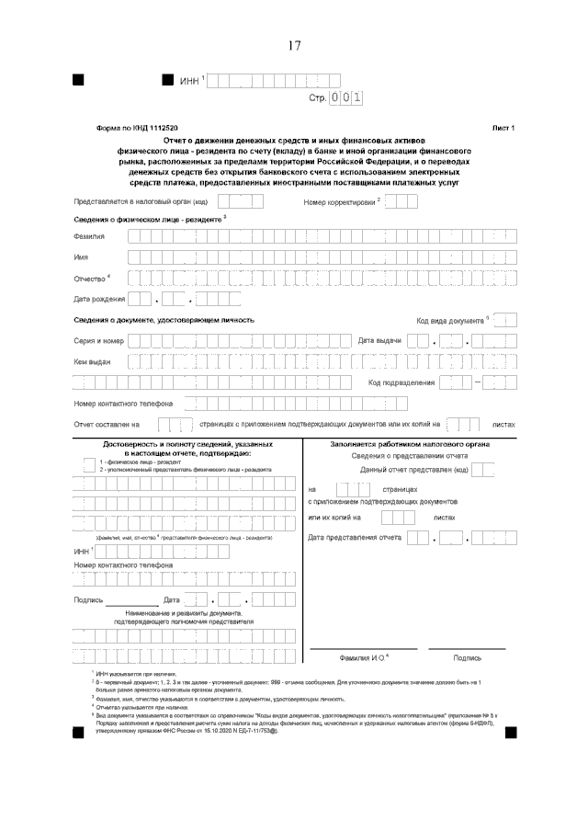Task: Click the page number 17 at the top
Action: [x=294, y=44]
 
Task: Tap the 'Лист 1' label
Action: [x=504, y=128]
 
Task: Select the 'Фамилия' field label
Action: [x=89, y=237]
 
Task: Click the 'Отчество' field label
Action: [x=90, y=278]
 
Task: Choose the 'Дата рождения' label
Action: [x=98, y=299]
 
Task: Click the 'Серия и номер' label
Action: [x=98, y=341]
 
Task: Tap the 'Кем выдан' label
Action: [x=92, y=361]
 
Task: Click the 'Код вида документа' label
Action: [x=451, y=321]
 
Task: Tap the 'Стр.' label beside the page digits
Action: [x=318, y=97]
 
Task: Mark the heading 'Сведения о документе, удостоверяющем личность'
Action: [x=164, y=320]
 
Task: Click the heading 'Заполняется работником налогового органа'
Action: [x=409, y=443]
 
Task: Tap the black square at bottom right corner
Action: [x=510, y=731]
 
